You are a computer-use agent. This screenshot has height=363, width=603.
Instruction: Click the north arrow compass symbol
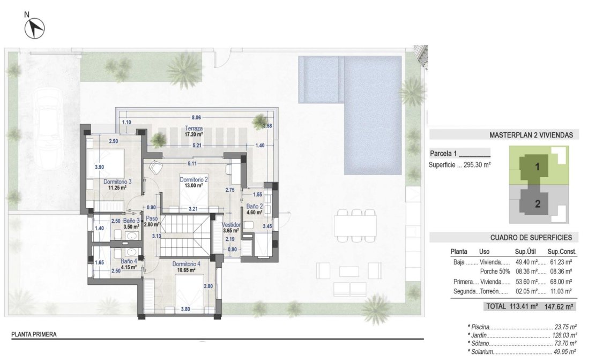pyautogui.click(x=36, y=28)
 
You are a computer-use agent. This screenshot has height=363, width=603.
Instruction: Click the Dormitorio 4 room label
pyautogui.click(x=186, y=264)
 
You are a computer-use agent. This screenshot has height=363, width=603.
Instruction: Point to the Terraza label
pyautogui.click(x=193, y=128)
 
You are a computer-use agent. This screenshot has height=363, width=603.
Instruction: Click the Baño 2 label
pyautogui.click(x=254, y=206)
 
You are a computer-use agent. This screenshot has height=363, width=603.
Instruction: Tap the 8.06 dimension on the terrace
pyautogui.click(x=196, y=117)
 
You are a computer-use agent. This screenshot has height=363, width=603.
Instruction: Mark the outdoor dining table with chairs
pyautogui.click(x=355, y=224)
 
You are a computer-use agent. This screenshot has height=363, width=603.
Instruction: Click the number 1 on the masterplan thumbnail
pyautogui.click(x=537, y=167)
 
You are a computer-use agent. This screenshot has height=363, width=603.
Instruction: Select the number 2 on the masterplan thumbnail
pyautogui.click(x=537, y=203)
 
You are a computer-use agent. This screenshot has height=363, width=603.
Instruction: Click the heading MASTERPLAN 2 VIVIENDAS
pyautogui.click(x=531, y=135)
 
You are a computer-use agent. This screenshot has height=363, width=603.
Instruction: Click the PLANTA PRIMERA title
pyautogui.click(x=34, y=335)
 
